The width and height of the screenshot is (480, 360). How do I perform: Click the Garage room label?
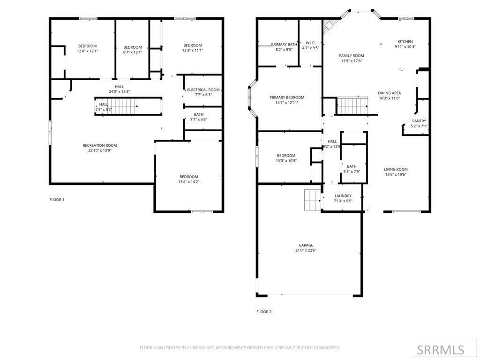306,245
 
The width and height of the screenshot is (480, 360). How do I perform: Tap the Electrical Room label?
203,90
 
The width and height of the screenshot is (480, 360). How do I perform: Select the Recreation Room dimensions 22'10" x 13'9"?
100,150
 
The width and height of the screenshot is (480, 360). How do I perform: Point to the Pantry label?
419,121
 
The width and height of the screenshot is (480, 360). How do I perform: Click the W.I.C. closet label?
310,43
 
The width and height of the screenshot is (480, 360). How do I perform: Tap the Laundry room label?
343,196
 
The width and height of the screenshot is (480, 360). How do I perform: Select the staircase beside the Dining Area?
352,106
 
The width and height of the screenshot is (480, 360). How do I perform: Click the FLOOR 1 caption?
57,200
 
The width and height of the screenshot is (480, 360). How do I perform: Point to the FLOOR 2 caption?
264,312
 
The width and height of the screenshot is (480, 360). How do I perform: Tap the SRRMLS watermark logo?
440,350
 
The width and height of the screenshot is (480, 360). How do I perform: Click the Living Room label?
396,169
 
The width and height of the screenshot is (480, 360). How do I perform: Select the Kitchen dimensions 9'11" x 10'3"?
405,46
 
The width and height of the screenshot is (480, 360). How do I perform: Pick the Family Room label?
352,55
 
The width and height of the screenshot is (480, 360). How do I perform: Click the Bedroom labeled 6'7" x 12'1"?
133,47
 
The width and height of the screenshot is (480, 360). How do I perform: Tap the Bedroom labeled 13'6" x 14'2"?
188,177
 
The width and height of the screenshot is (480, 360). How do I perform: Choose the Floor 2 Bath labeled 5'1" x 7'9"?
352,166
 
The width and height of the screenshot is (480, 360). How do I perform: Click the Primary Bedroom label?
287,97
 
